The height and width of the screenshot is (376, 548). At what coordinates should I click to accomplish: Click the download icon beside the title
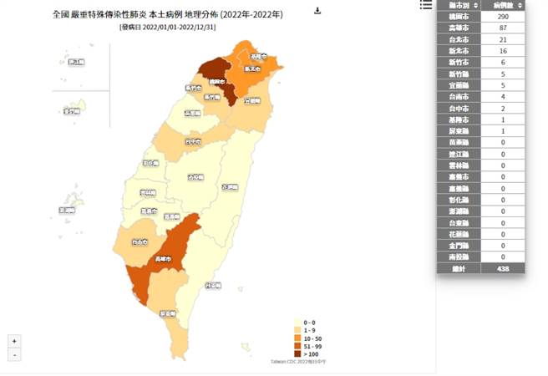(x=317, y=11)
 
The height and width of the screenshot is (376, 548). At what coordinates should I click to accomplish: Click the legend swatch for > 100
(x=297, y=355)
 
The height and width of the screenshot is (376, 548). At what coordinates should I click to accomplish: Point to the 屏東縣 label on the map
(x=168, y=313)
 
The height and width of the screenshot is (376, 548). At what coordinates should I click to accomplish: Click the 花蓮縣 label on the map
(x=228, y=187)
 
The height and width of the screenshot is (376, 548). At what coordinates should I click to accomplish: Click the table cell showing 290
(x=502, y=17)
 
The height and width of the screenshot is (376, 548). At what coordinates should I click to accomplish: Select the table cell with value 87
(x=502, y=28)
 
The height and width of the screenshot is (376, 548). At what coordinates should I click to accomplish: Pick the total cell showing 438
(x=502, y=269)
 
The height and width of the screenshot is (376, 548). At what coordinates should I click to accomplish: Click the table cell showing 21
(x=502, y=39)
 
